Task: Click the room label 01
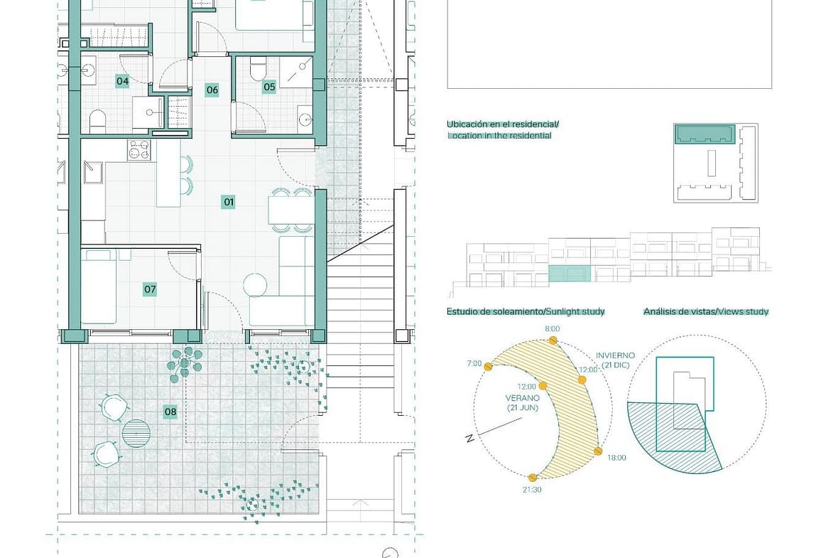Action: click(229, 202)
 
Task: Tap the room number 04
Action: click(122, 81)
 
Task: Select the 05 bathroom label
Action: click(269, 87)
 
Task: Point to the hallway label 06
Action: click(212, 90)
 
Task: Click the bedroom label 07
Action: click(150, 289)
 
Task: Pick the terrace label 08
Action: click(170, 412)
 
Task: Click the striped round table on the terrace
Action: click(136, 431)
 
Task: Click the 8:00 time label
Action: click(553, 329)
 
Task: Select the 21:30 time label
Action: click(532, 490)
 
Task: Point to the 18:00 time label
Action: click(617, 458)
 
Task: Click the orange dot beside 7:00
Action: click(489, 367)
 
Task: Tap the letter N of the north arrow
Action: click(469, 438)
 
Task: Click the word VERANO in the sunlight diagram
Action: click(523, 398)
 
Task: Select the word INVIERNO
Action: click(615, 355)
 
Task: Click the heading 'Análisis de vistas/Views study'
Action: click(706, 311)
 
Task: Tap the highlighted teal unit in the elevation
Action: click(569, 274)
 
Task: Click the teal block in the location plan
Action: click(705, 134)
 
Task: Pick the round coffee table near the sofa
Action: click(256, 284)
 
